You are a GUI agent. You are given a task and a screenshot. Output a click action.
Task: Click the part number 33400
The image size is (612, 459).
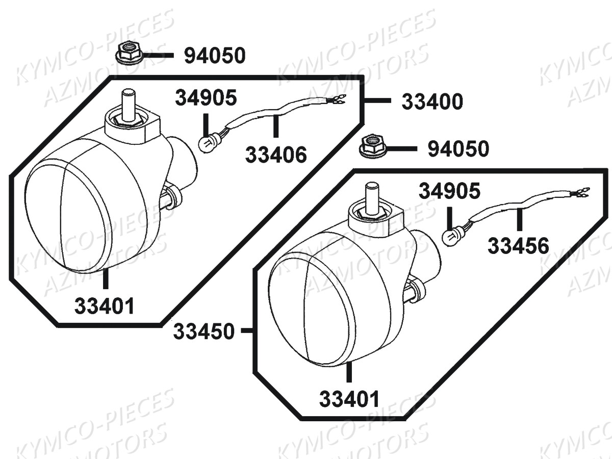click(x=432, y=101)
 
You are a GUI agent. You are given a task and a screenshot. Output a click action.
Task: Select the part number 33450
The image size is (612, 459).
click(x=203, y=331)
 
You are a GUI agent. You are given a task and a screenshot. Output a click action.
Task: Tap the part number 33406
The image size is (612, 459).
click(x=276, y=155)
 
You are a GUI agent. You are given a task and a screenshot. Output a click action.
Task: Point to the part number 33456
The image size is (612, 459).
click(x=518, y=246)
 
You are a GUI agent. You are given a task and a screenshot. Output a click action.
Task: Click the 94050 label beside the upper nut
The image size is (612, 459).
click(x=215, y=56)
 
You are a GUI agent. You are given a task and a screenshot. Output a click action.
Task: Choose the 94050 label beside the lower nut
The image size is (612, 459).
click(x=458, y=149)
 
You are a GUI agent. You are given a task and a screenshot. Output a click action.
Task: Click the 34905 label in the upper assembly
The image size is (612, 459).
click(x=206, y=97)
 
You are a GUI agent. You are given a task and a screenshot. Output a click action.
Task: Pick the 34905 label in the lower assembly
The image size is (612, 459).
click(x=450, y=191)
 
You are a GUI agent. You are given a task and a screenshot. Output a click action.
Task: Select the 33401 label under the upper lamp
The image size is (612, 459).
click(x=104, y=306)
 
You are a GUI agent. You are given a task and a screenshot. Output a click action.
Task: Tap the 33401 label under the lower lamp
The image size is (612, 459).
click(x=349, y=399)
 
